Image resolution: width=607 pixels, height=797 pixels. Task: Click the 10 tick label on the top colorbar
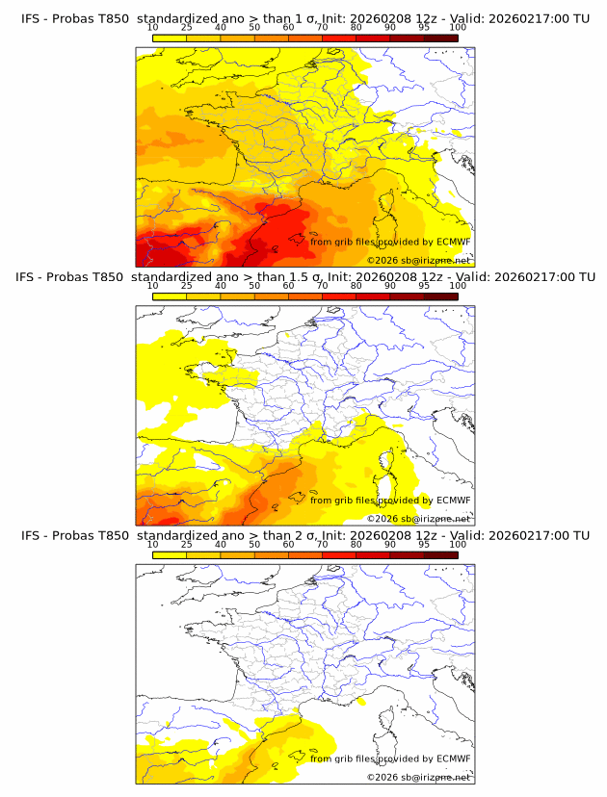coord(152,28)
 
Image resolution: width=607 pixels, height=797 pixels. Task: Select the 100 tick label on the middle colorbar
coord(458,286)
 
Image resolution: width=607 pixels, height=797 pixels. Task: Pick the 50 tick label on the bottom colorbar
coord(254,544)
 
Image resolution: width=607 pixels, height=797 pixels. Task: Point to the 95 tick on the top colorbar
coord(424,28)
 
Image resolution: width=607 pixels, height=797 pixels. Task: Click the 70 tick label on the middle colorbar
coord(322,286)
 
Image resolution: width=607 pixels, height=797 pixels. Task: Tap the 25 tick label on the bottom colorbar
coord(186,544)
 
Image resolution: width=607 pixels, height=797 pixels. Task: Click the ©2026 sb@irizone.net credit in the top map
coord(418,260)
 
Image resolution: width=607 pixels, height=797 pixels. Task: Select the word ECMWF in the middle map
coord(453,500)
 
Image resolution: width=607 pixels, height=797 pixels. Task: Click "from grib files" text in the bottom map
coord(341,758)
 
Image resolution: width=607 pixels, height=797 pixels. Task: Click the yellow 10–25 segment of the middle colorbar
coord(170,296)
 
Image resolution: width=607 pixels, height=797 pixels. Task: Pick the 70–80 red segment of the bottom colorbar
coord(339,554)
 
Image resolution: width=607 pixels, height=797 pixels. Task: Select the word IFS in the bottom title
coord(31,535)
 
